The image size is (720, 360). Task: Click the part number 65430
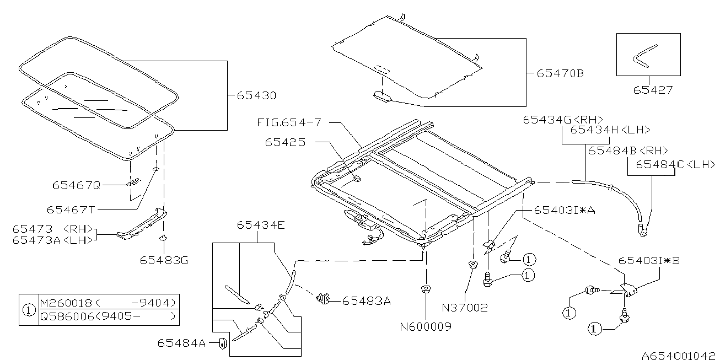(x=256, y=95)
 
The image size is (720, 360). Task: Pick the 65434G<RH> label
(x=562, y=119)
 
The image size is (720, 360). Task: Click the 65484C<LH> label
(x=675, y=164)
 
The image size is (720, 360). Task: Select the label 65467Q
(x=77, y=186)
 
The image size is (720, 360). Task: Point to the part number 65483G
(x=164, y=259)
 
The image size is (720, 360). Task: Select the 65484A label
(x=181, y=343)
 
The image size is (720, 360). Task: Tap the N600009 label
(x=426, y=326)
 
